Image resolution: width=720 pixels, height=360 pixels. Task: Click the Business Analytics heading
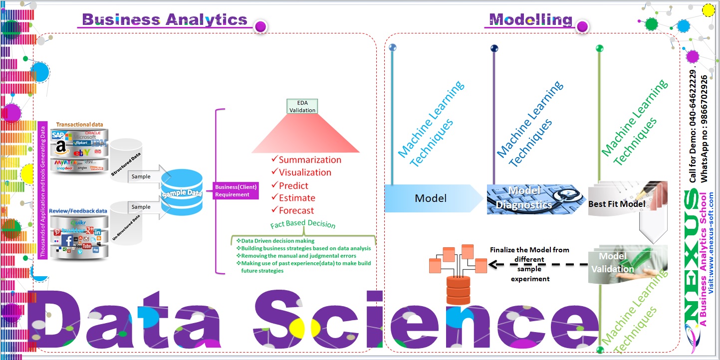[164, 19]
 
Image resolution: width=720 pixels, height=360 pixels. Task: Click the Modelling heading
[530, 19]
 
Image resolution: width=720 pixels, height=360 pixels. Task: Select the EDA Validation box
[303, 106]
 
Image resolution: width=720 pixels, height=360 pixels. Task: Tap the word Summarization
[310, 160]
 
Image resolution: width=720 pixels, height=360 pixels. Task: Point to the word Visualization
[305, 173]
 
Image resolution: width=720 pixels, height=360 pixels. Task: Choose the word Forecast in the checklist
[296, 210]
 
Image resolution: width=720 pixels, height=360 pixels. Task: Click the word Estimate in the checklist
[297, 198]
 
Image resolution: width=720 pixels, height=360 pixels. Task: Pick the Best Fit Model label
[617, 204]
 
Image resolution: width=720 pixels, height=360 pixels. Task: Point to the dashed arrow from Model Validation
[539, 265]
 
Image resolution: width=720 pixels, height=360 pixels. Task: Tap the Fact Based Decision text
[303, 224]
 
